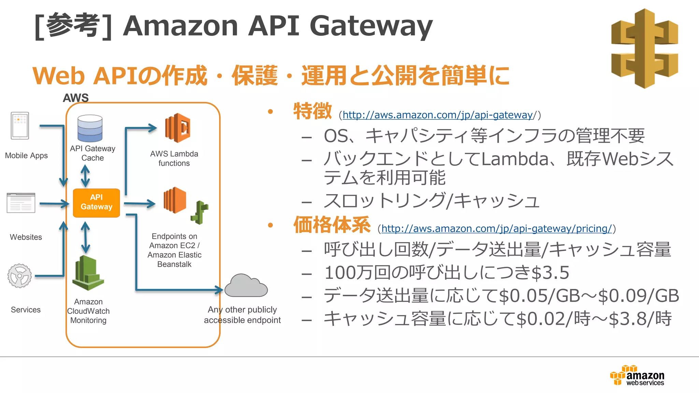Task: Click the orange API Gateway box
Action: click(96, 203)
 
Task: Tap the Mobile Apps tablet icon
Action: click(20, 126)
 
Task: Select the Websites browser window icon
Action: click(21, 203)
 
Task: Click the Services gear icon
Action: click(20, 276)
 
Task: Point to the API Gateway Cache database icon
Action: click(90, 128)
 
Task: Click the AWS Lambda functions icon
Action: click(177, 128)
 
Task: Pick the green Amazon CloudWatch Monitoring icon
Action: click(88, 273)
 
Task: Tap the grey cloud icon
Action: click(246, 286)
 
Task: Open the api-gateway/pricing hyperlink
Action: click(496, 229)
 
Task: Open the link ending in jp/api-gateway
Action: click(438, 115)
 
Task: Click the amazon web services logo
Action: click(637, 376)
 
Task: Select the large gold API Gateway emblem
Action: click(644, 48)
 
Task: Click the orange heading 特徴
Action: click(312, 111)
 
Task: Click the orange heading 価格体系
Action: click(332, 225)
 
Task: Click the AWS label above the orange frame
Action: click(75, 98)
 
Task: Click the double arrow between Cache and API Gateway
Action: click(85, 176)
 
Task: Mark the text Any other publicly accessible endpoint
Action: click(242, 315)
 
